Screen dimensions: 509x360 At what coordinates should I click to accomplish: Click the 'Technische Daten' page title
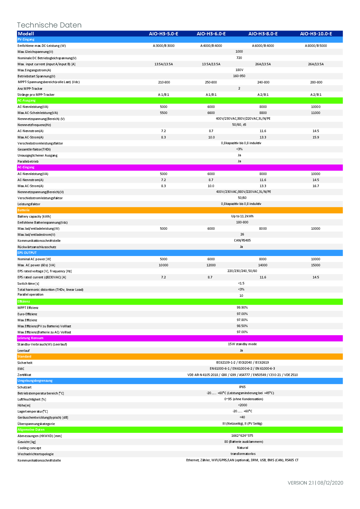49,25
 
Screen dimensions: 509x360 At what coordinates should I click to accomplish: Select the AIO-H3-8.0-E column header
263,34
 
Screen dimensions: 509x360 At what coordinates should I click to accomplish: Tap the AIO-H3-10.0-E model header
316,34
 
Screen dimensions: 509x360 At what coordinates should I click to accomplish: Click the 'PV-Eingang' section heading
26,39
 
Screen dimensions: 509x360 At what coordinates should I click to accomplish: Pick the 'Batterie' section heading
24,210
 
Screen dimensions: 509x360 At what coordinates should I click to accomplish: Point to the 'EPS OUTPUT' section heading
27,253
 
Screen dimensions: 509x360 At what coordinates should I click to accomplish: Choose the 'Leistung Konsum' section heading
30,338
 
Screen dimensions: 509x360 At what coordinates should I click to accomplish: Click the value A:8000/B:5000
316,46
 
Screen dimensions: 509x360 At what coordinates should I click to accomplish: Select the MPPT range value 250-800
211,82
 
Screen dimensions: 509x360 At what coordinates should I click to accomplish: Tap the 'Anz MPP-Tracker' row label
30,89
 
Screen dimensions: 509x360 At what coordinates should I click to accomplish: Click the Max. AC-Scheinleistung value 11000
316,113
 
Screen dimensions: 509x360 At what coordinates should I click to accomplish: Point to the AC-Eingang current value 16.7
316,186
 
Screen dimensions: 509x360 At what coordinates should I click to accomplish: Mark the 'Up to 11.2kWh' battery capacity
242,216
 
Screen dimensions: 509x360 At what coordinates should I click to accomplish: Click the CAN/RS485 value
242,240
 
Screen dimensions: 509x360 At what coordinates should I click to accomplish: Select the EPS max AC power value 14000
263,265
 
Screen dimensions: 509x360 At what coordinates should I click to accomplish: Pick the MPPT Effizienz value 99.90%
242,307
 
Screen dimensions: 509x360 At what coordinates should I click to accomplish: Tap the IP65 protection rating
242,387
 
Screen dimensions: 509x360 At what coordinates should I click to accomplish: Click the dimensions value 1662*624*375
242,436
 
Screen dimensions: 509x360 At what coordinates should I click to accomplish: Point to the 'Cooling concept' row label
29,448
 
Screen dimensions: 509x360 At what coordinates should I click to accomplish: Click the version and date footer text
315,483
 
